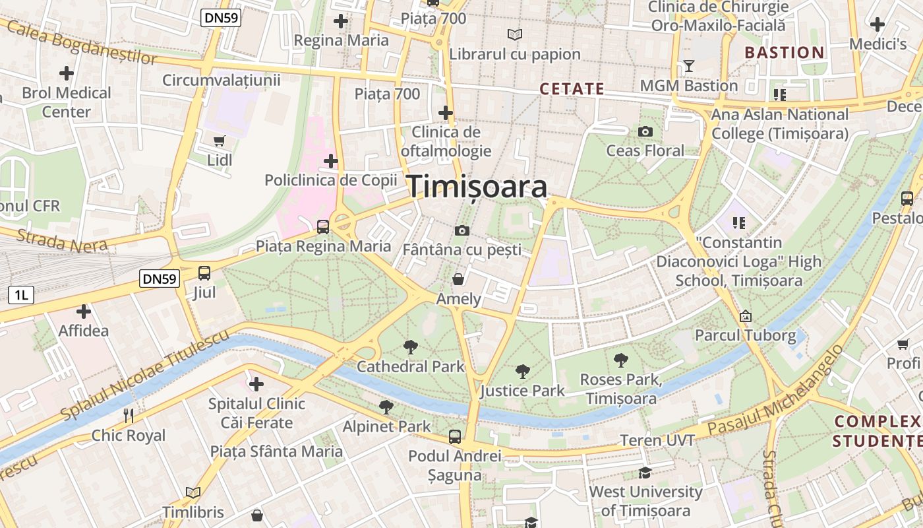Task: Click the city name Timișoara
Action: click(x=477, y=187)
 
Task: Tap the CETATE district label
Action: click(x=572, y=89)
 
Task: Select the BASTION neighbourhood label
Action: click(x=785, y=53)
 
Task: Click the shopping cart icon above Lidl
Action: click(x=220, y=140)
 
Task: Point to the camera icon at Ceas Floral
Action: click(x=645, y=131)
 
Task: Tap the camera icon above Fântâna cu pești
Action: click(x=461, y=230)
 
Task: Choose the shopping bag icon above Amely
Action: click(x=458, y=279)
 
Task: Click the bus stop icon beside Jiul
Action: click(x=204, y=273)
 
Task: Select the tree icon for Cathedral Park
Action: click(x=411, y=346)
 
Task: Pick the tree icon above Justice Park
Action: click(x=523, y=372)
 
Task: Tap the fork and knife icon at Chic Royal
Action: click(x=129, y=415)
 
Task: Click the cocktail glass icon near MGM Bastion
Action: click(x=689, y=66)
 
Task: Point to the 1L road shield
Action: click(x=21, y=295)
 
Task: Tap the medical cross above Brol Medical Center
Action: click(x=67, y=73)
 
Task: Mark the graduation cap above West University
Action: click(x=645, y=473)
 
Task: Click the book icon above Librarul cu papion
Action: click(x=514, y=34)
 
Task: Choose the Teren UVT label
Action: click(x=657, y=440)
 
